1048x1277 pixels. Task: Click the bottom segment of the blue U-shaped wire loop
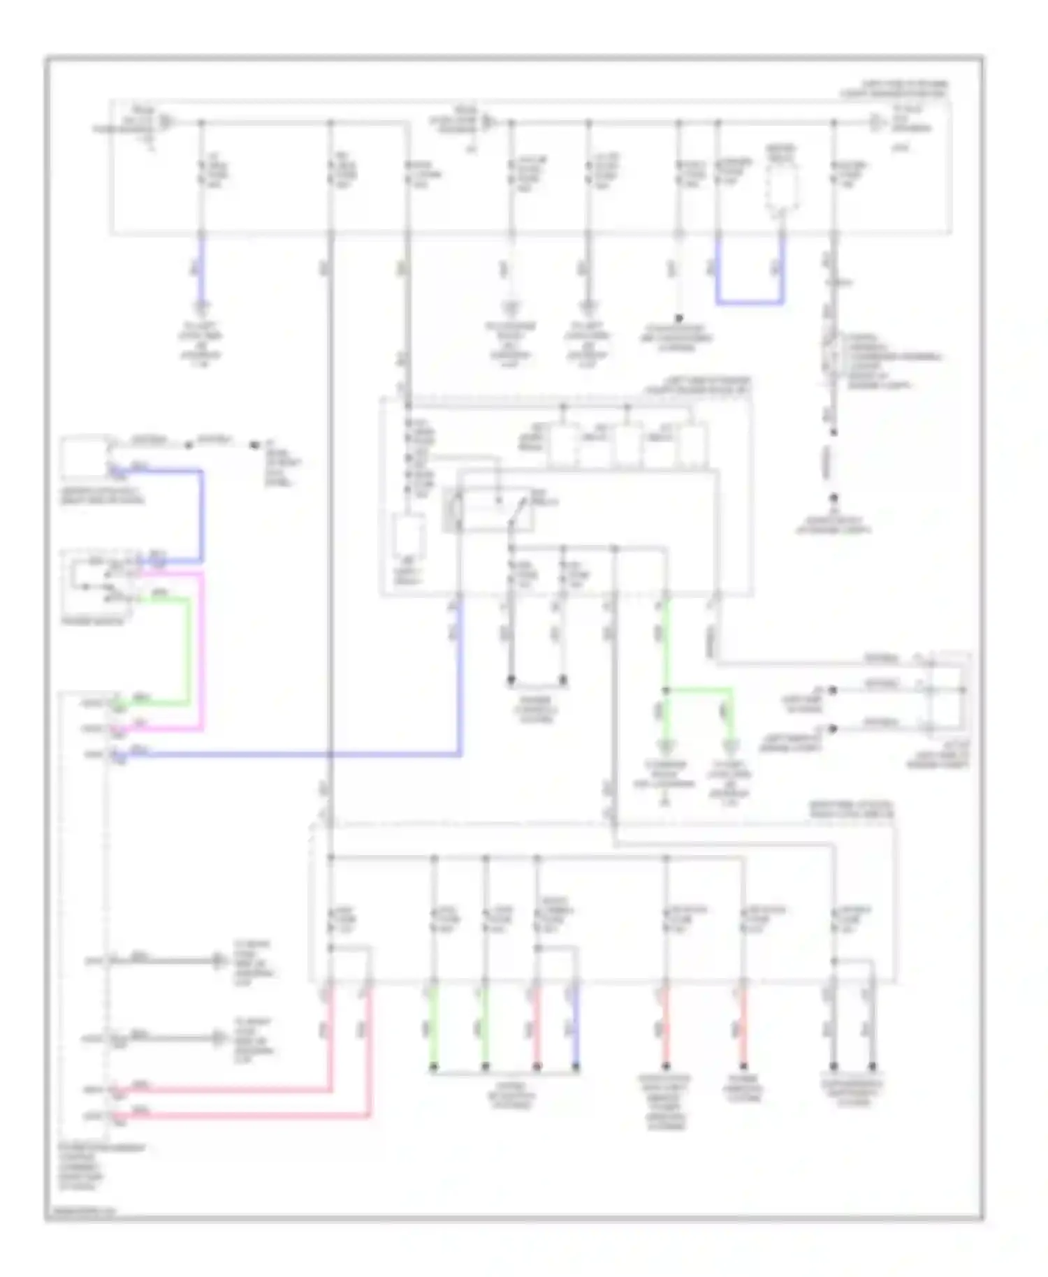click(x=749, y=303)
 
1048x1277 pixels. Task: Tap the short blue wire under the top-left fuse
click(x=201, y=269)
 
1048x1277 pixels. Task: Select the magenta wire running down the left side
click(x=203, y=650)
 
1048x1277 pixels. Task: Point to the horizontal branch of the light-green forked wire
click(x=699, y=690)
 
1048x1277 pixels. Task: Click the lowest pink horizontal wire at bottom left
click(x=245, y=1116)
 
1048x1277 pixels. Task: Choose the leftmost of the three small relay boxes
click(x=563, y=444)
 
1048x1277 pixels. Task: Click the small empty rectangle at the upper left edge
click(x=84, y=455)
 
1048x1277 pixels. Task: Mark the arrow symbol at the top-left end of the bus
click(x=165, y=123)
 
